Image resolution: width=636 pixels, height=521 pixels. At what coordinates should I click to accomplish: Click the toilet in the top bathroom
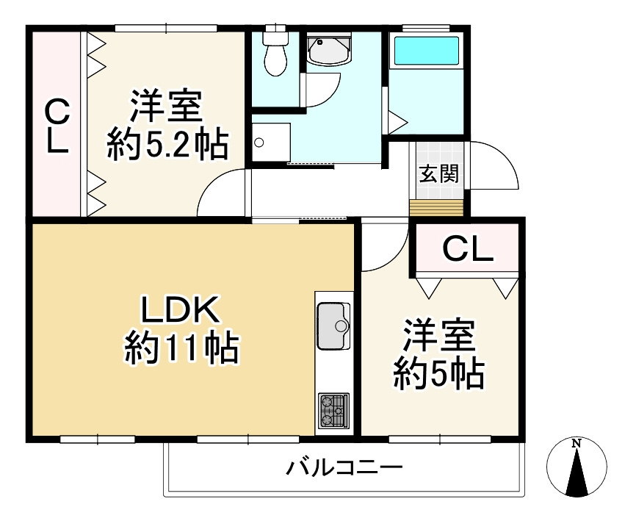point(275,51)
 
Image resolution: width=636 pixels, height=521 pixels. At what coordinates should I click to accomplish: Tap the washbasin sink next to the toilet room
point(328,51)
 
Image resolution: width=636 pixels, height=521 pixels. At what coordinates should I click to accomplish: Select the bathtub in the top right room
point(426,51)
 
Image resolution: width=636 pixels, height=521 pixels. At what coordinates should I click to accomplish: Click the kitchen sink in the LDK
point(334,326)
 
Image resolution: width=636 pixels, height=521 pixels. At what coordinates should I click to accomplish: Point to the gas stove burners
point(334,412)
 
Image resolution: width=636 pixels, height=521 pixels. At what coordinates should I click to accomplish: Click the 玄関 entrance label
point(439,175)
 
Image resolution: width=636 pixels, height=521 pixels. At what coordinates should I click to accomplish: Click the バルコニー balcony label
point(344,467)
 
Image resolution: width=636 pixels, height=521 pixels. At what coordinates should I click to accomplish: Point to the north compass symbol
point(577,467)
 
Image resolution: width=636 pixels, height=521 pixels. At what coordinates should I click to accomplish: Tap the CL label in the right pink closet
point(467,252)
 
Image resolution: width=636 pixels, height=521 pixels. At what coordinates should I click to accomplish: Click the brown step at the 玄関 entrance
point(436,208)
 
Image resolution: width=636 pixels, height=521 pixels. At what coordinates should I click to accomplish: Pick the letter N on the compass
point(577,444)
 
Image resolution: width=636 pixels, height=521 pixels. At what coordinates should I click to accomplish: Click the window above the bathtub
point(426,28)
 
